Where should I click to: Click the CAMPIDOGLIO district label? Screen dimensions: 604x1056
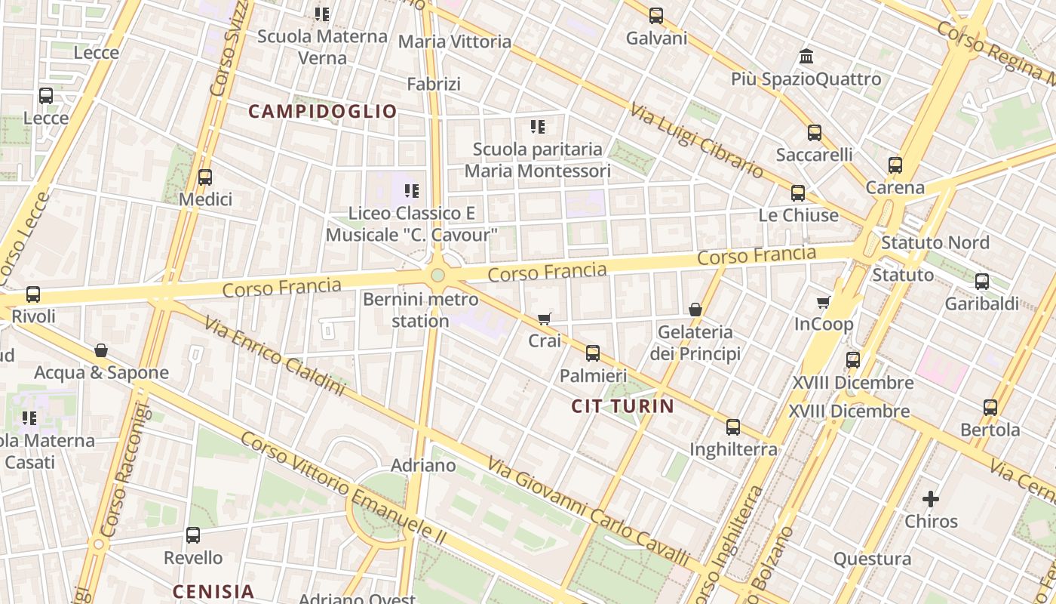[x=322, y=112]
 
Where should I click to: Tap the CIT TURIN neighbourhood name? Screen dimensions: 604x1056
[x=622, y=406]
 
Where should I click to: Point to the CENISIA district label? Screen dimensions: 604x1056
[x=213, y=591]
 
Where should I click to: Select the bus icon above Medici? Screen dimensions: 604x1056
[x=204, y=177]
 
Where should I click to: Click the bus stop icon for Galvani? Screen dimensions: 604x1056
[x=656, y=15]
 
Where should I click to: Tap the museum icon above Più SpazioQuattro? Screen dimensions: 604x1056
[x=806, y=57]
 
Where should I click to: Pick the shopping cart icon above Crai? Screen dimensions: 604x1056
[x=545, y=319]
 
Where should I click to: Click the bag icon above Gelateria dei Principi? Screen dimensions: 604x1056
[x=695, y=310]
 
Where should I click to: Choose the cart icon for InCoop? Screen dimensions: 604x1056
[x=823, y=303]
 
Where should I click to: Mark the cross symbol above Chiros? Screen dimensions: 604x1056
[x=931, y=499]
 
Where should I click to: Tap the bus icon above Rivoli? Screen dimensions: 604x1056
[x=33, y=294]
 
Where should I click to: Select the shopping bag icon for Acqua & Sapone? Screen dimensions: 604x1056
[x=101, y=350]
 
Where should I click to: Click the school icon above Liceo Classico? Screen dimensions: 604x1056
[x=411, y=191]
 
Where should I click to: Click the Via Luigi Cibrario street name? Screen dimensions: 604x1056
[x=697, y=141]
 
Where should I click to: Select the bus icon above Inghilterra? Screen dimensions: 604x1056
[x=732, y=427]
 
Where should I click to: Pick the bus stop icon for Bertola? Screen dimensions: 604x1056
[x=990, y=408]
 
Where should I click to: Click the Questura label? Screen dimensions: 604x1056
[x=872, y=559]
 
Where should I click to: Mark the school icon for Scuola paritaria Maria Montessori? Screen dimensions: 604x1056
[x=537, y=127]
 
